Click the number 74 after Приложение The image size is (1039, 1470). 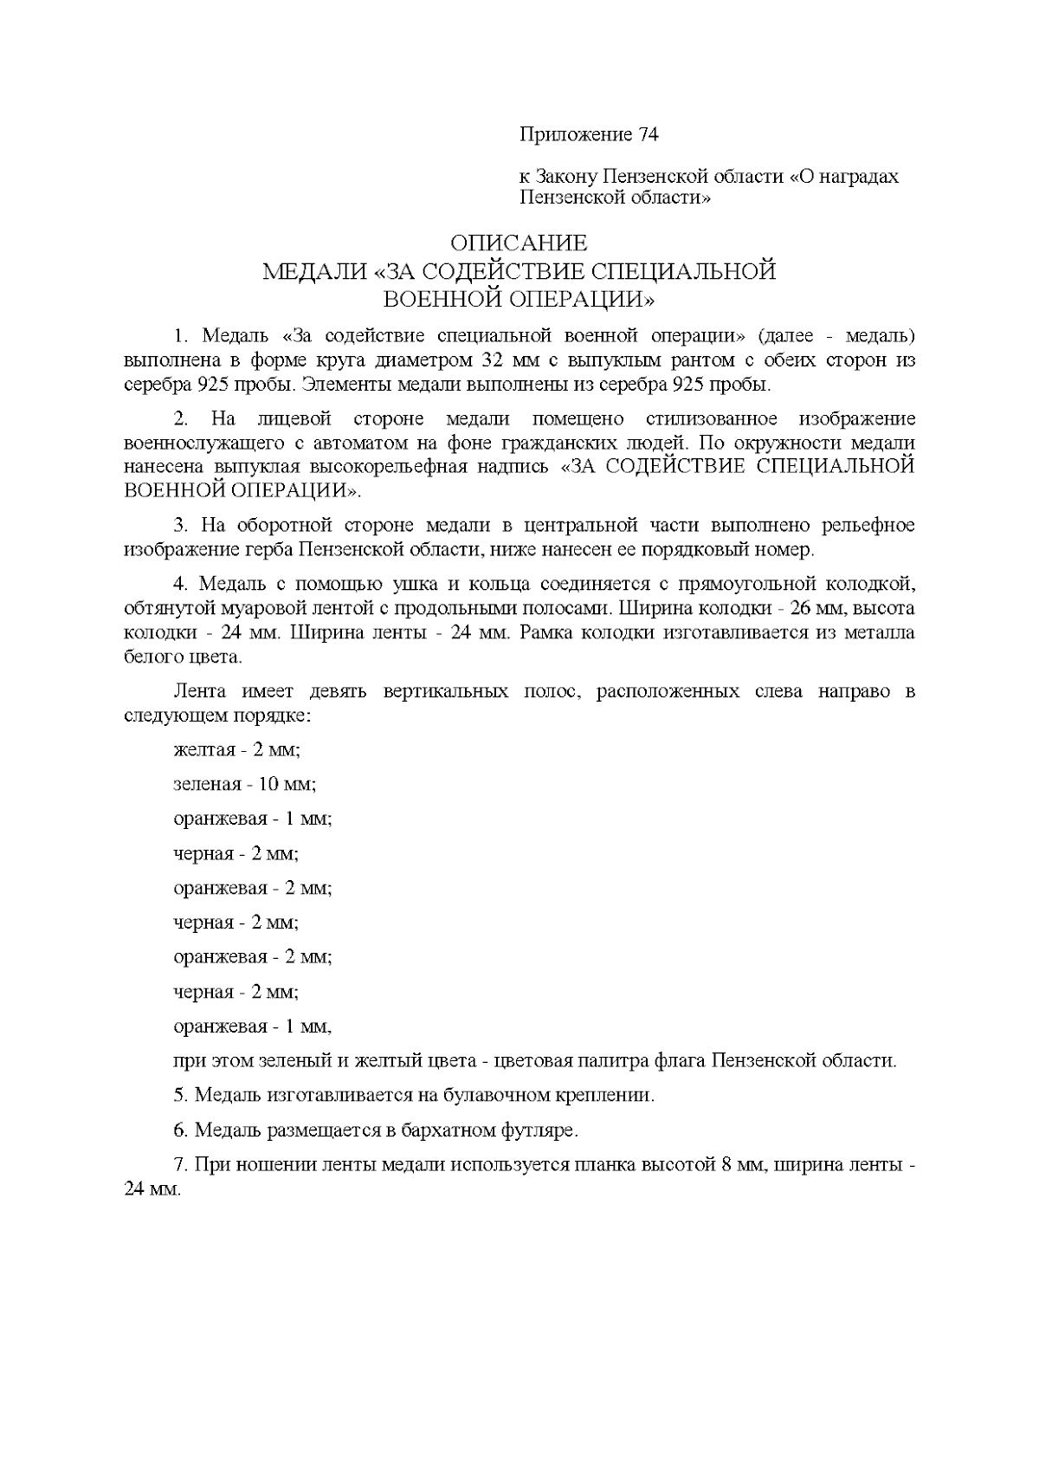coord(649,135)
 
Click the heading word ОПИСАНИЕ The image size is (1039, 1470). coord(519,243)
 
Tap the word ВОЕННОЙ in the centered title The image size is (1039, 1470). coord(441,300)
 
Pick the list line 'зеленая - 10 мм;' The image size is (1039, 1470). coord(244,784)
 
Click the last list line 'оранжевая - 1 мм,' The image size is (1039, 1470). coord(252,1026)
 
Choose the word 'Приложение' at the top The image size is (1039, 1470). coord(576,135)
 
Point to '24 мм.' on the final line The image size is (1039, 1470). coord(152,1188)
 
